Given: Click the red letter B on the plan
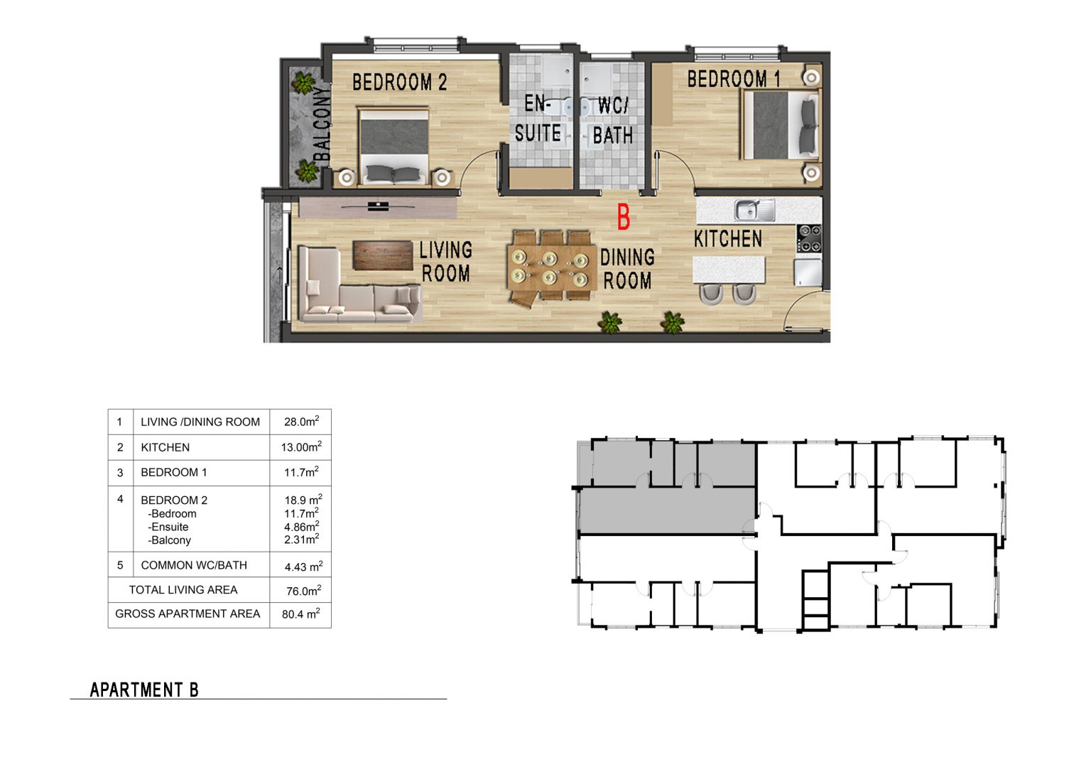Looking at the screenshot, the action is (624, 217).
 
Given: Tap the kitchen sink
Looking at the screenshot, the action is (754, 210).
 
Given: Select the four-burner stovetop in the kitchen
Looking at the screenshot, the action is (809, 238).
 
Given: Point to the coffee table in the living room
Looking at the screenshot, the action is (383, 255).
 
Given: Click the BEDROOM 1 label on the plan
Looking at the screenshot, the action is (734, 79).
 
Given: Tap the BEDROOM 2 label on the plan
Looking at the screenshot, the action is (399, 82).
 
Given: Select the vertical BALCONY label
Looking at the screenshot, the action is (322, 124).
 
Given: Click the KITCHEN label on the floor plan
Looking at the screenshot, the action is (727, 239).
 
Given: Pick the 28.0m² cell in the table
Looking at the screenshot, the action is (301, 422).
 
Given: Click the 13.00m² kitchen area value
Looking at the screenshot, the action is (301, 447).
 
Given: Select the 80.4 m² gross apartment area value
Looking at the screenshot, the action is (300, 613).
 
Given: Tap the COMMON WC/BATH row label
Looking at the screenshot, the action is (194, 565).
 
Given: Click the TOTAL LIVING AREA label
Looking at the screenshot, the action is (183, 590).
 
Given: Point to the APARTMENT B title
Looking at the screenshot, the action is (144, 690).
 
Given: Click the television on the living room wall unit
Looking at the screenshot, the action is (378, 206).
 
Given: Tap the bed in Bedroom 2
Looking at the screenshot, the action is (393, 147).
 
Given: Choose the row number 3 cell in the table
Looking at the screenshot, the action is (120, 472).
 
